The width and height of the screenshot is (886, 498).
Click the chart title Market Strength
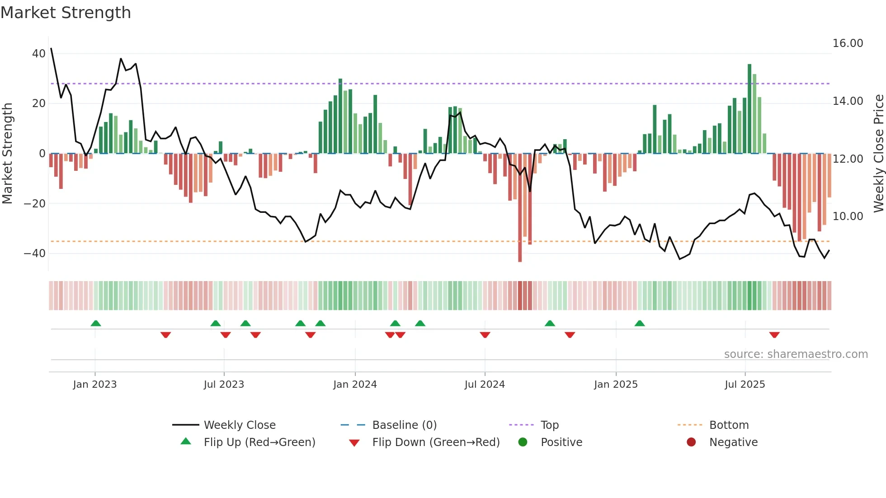(x=66, y=13)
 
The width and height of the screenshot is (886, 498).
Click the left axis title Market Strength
(x=7, y=153)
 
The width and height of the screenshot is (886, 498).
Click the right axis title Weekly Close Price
(x=878, y=153)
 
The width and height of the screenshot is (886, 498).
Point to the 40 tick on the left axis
(x=39, y=54)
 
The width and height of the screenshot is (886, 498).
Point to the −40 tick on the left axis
(x=35, y=254)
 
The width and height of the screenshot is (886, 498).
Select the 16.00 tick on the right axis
(x=848, y=43)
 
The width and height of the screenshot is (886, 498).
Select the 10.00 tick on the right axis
(x=848, y=216)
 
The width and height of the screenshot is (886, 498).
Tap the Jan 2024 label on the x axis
(x=355, y=385)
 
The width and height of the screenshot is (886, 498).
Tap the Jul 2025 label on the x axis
(x=745, y=385)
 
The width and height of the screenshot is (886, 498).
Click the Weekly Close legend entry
(x=239, y=425)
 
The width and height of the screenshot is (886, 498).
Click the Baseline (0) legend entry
(x=404, y=425)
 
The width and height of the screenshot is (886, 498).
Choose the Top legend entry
(x=549, y=425)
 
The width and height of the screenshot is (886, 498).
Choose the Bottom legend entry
(x=729, y=425)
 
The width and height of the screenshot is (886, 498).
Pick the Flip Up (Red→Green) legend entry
(x=259, y=442)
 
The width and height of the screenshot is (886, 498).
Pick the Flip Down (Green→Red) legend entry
(x=436, y=442)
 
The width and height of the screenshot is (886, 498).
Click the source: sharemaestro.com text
(x=796, y=354)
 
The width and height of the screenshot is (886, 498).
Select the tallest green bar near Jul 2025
(x=749, y=108)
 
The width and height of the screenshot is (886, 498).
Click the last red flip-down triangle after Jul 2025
(x=774, y=335)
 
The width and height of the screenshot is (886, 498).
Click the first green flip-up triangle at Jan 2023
(x=96, y=323)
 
